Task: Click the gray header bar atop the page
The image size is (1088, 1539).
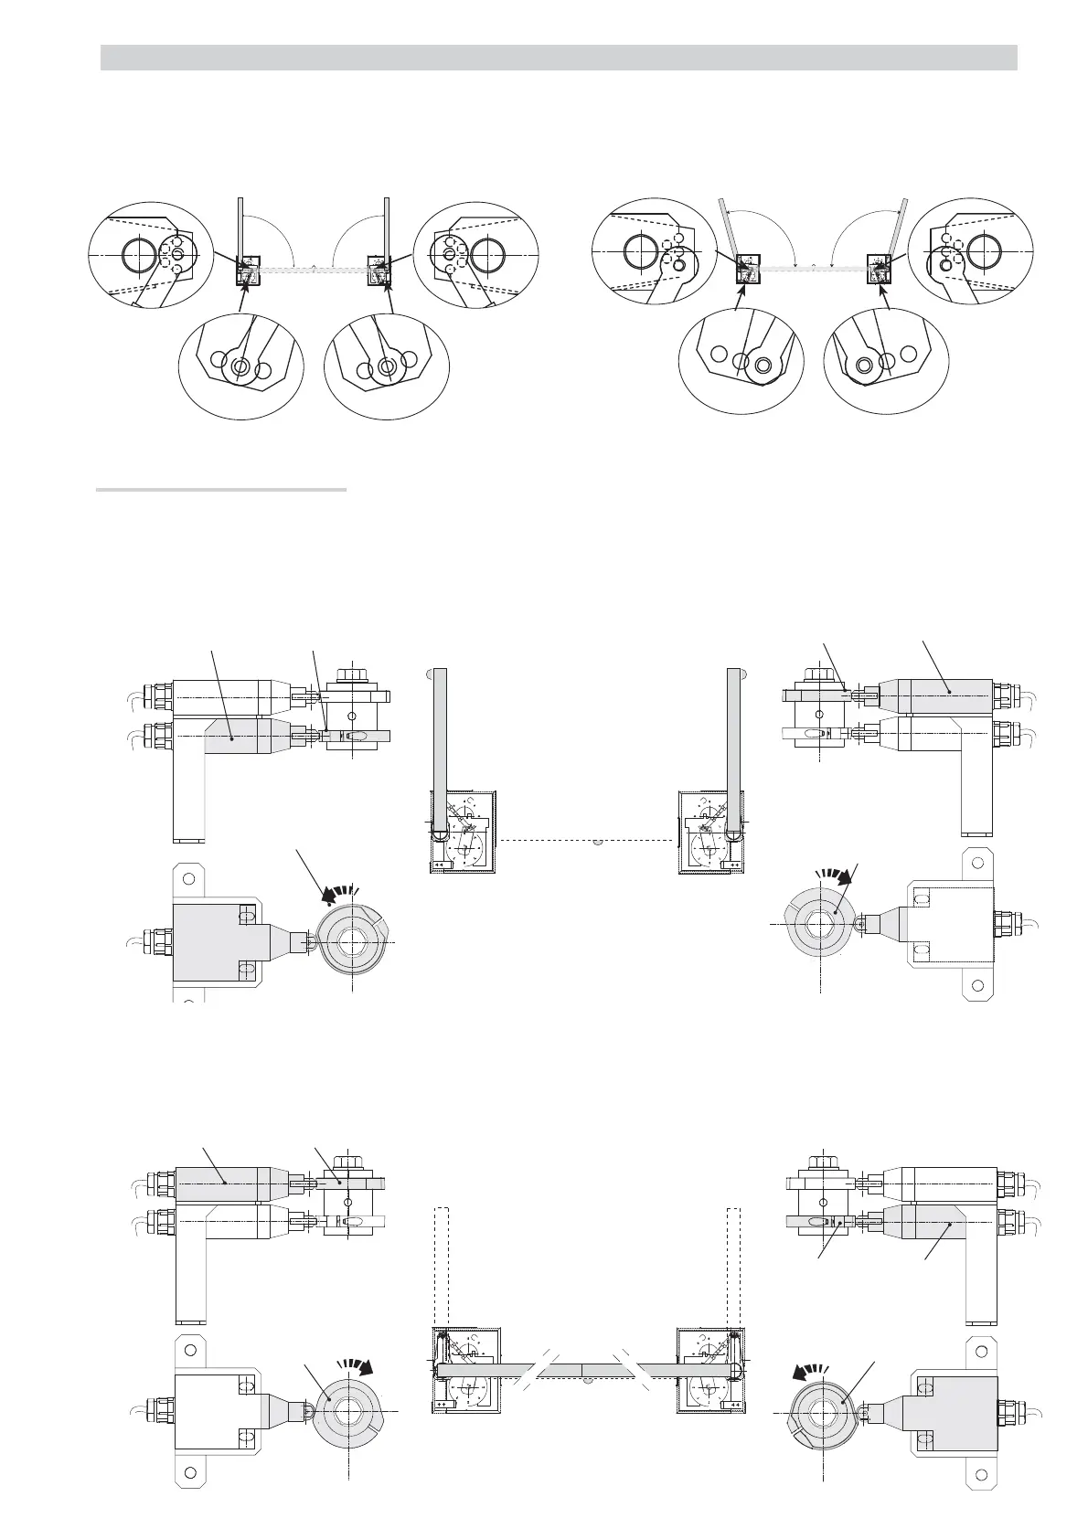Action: [558, 57]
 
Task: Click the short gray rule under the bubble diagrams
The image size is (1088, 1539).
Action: [221, 490]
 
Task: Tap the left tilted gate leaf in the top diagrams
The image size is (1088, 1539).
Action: [729, 228]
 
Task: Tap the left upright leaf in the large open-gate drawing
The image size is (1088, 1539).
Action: [440, 749]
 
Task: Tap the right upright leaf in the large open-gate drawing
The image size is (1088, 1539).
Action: [733, 749]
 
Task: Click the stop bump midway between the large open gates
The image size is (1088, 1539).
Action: [596, 842]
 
